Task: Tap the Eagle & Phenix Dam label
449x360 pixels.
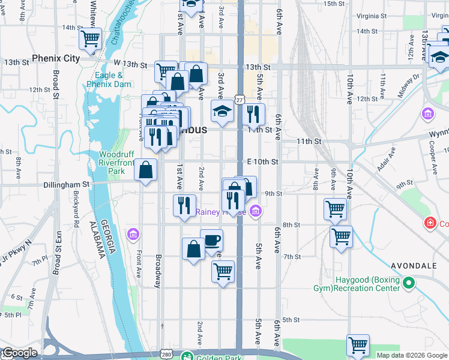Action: pos(109,80)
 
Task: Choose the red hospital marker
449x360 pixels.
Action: pos(430,224)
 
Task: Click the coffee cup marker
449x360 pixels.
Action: pos(211,241)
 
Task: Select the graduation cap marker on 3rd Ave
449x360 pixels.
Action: pos(222,111)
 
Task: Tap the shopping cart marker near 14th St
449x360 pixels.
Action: pos(90,38)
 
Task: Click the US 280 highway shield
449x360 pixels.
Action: pos(166,355)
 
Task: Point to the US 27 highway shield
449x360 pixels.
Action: pos(240,100)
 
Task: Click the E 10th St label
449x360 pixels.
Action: pos(263,162)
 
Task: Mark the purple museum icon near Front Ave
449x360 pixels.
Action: pos(133,233)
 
